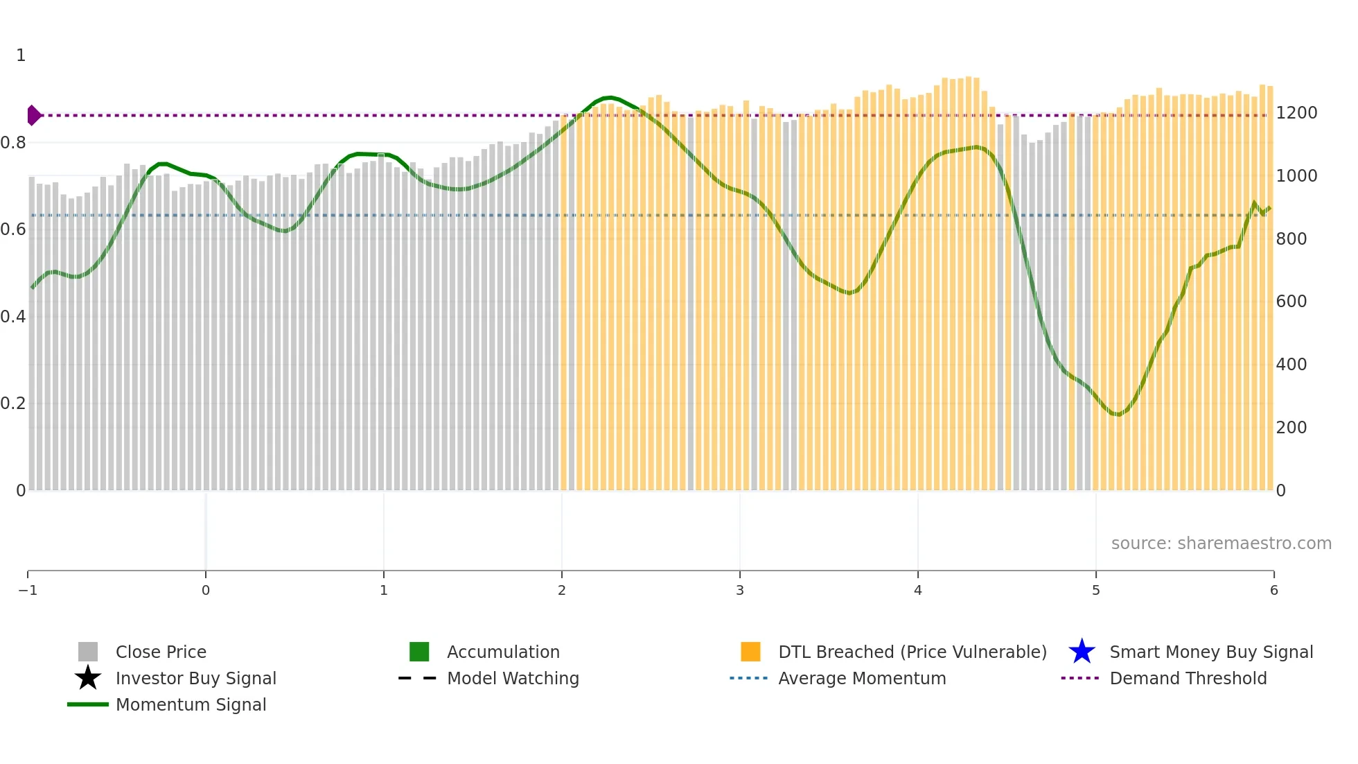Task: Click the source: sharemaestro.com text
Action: (x=1221, y=544)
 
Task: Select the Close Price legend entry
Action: (x=160, y=652)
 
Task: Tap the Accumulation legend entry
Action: (x=502, y=652)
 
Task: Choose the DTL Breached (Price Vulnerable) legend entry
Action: (x=912, y=652)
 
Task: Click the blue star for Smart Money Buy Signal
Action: (x=1082, y=652)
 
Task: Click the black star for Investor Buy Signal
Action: (x=88, y=678)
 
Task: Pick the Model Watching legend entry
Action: (x=512, y=678)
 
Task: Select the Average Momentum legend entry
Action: (x=861, y=678)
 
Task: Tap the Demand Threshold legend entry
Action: (x=1188, y=678)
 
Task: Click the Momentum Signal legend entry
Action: (x=191, y=704)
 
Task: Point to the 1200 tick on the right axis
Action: (x=1296, y=113)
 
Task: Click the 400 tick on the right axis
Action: (x=1291, y=365)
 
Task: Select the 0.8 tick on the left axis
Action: (x=13, y=143)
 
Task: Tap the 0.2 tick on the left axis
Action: (x=13, y=403)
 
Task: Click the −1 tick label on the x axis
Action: (x=28, y=591)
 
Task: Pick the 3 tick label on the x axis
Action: (x=740, y=591)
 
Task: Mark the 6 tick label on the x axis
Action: (x=1273, y=591)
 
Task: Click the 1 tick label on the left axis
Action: (x=21, y=55)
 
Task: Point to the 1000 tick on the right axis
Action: (x=1296, y=176)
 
